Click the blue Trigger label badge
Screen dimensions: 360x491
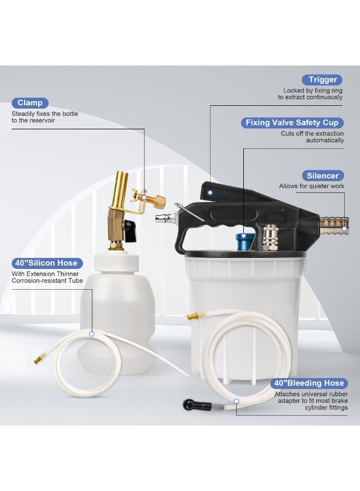[322, 80]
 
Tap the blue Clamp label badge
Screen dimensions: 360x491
[30, 103]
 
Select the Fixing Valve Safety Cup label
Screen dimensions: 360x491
[292, 123]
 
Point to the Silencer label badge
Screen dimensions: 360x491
[323, 176]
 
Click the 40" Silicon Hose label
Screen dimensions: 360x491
[47, 263]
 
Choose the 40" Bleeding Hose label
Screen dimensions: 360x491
[309, 384]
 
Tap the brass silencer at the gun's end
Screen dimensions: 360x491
[334, 226]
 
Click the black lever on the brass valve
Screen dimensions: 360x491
[130, 230]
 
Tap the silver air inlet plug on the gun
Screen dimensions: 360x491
[165, 217]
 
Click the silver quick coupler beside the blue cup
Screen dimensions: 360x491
[270, 238]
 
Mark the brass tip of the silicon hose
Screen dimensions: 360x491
[38, 360]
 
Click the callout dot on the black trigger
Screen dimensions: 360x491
[211, 193]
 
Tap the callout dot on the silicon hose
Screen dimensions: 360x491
[92, 334]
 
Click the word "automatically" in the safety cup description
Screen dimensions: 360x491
[325, 140]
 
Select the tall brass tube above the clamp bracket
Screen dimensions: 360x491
[121, 189]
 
